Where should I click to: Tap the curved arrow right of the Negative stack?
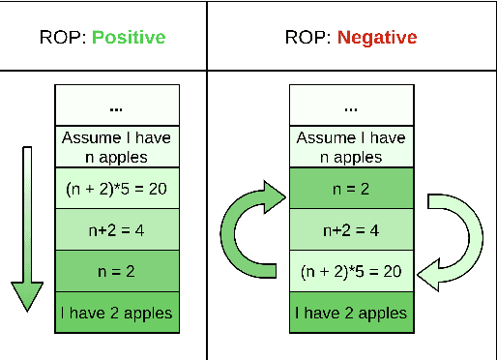(454, 237)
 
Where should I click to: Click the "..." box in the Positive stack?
(116, 105)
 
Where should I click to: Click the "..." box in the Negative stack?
(350, 105)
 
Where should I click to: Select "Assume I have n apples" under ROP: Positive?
(116, 147)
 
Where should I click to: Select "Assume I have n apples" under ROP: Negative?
(350, 147)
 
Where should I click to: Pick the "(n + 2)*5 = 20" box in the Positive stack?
(116, 189)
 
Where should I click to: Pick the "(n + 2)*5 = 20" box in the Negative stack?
(350, 270)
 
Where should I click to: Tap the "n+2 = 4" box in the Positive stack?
(116, 229)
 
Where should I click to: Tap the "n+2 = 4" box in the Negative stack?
(350, 229)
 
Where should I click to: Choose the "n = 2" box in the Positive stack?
(116, 270)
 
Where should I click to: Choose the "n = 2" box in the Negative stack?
(350, 189)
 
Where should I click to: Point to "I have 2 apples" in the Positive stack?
(116, 312)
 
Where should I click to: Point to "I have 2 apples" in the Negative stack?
(350, 312)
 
